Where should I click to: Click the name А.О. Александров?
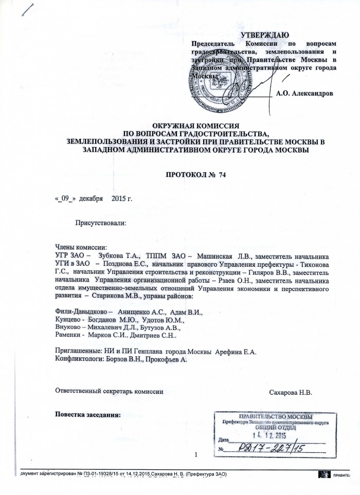pos(304,94)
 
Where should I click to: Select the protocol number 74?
pos(222,175)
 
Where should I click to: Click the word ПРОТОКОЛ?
pos(186,175)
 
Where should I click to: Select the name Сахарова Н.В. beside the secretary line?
pos(291,392)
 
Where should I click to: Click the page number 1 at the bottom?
pos(197,454)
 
